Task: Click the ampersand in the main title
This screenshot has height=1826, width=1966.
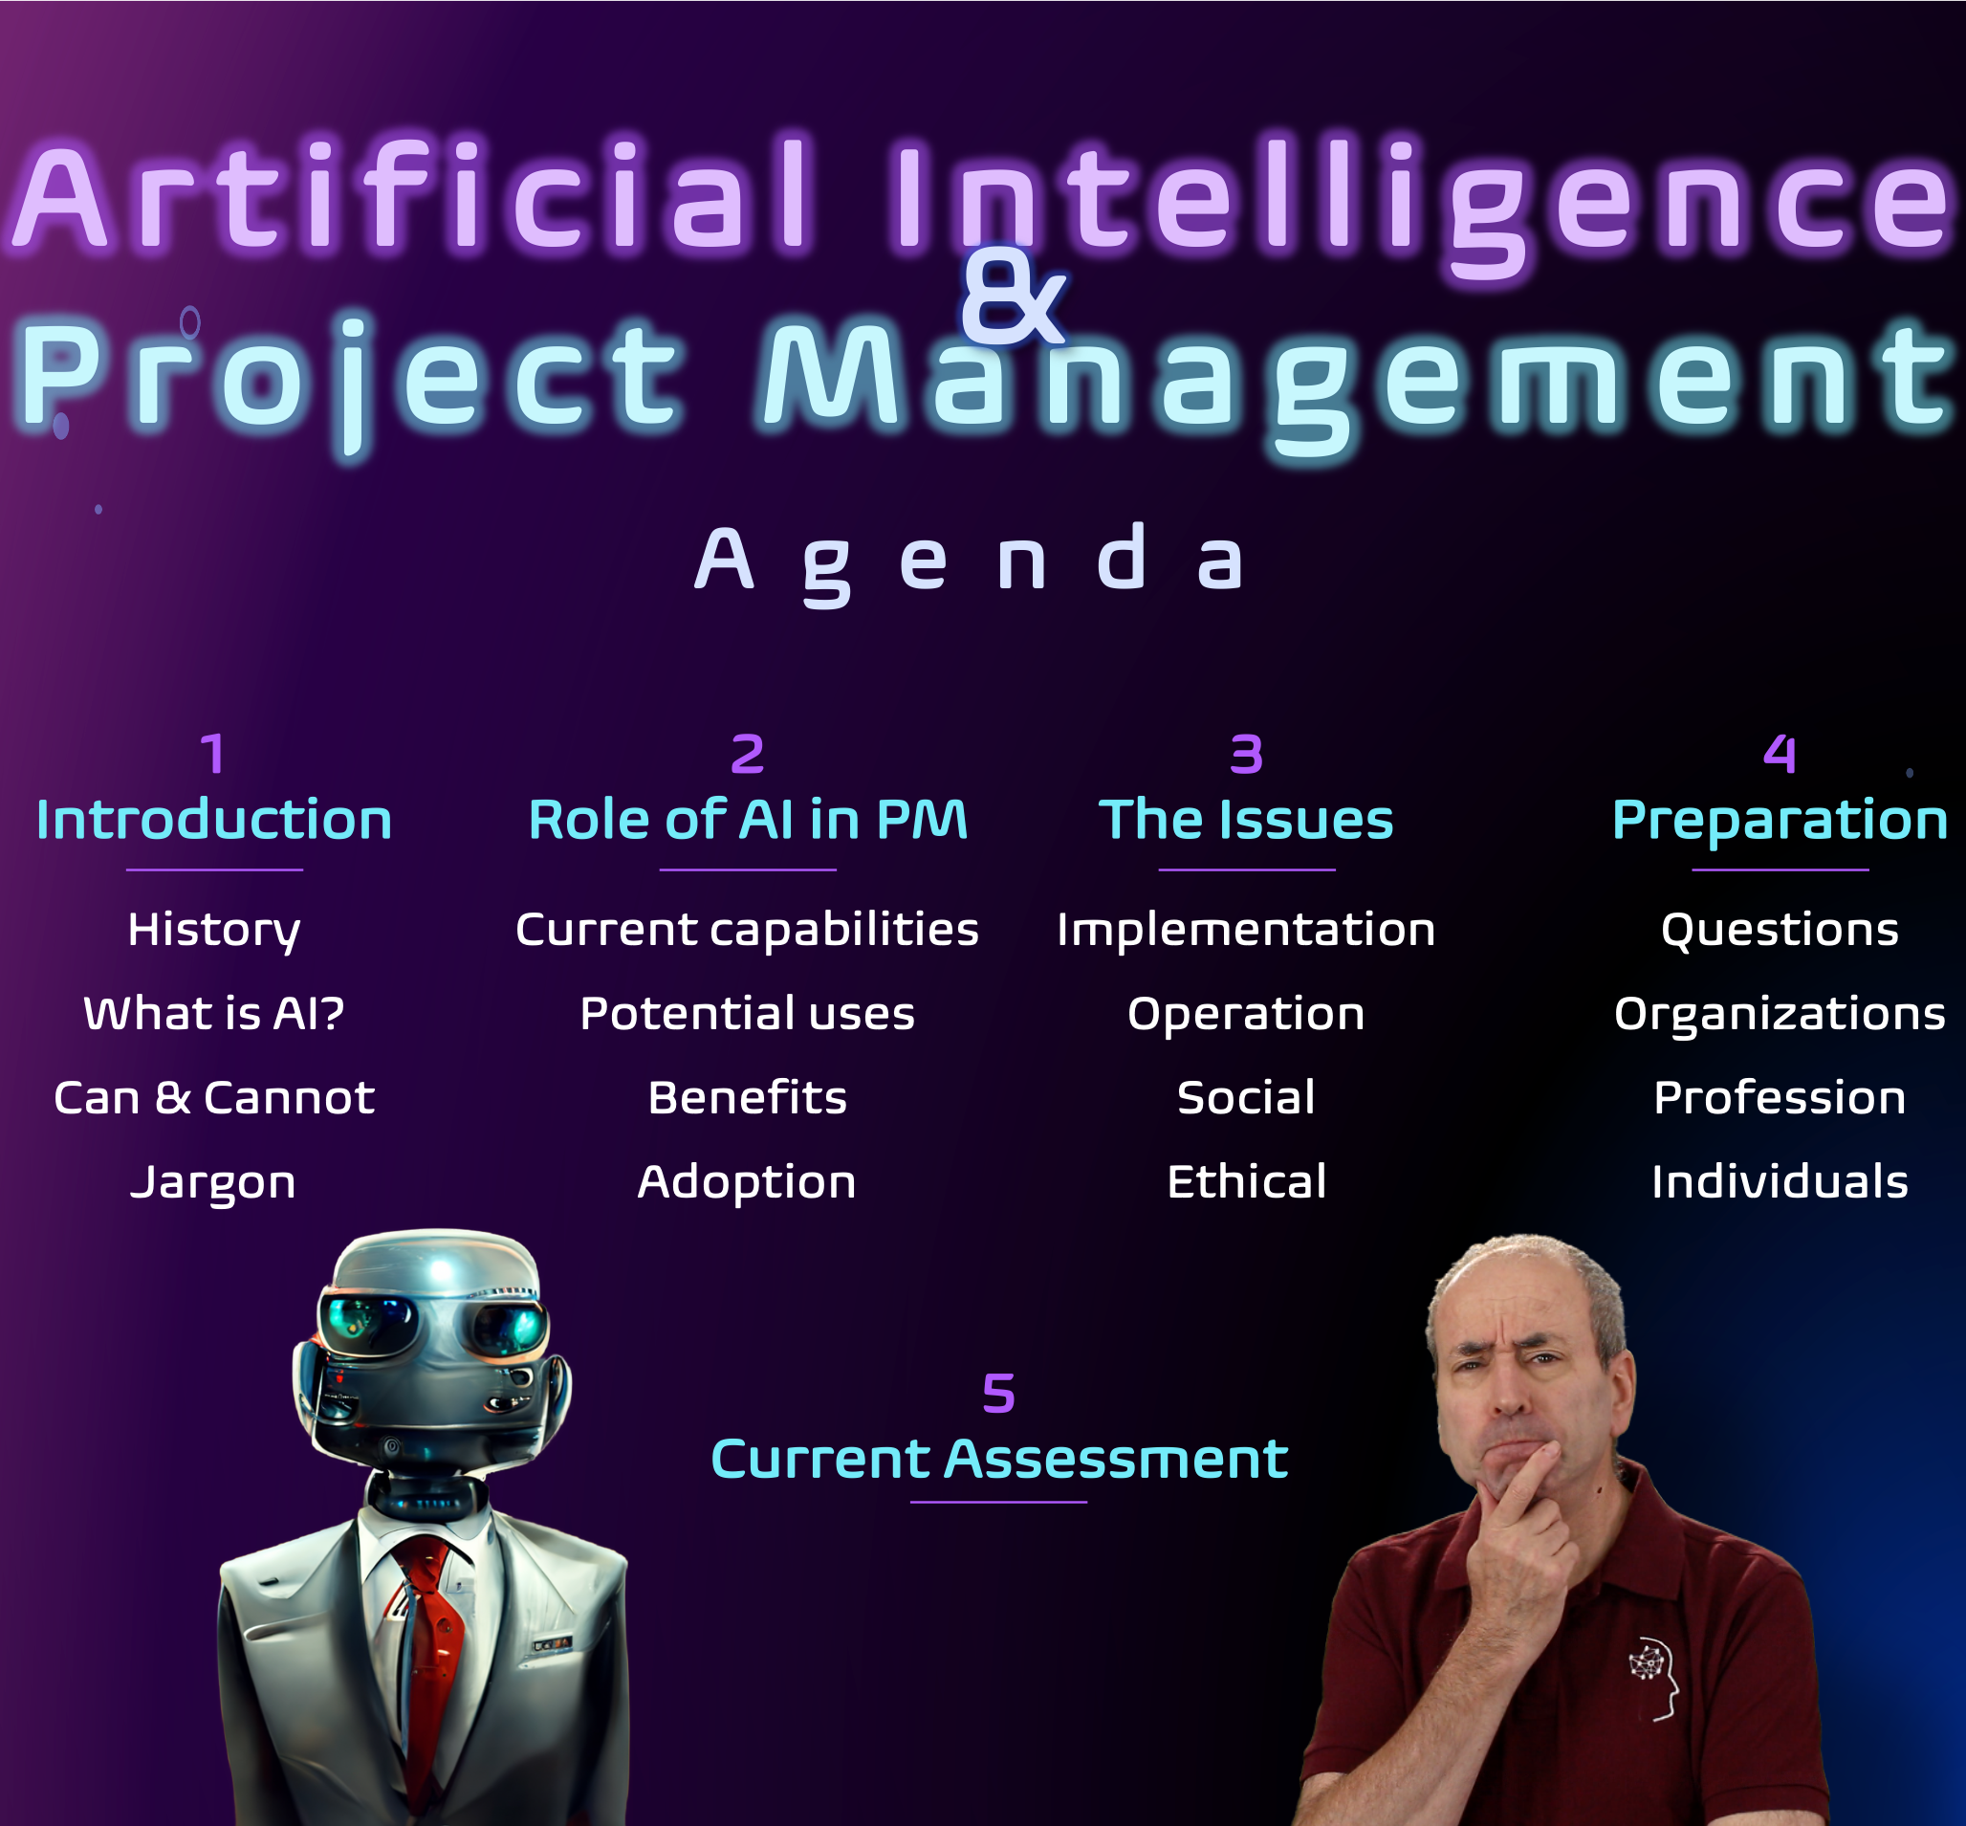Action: (x=1014, y=297)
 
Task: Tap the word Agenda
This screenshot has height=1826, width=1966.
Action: (x=970, y=562)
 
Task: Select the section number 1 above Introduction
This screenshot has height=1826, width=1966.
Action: (x=213, y=754)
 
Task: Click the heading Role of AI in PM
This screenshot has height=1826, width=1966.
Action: (x=748, y=819)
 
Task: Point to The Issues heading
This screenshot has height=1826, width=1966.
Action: (x=1246, y=819)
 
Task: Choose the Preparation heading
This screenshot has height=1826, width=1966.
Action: (x=1780, y=821)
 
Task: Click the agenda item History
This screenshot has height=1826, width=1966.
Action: (x=213, y=931)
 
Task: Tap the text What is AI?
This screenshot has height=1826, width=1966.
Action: (x=213, y=1013)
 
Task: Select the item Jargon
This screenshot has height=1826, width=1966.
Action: (x=213, y=1183)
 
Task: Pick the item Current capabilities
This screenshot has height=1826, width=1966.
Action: (x=747, y=931)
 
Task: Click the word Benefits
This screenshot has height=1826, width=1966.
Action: (x=747, y=1097)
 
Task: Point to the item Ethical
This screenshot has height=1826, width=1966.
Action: (x=1246, y=1180)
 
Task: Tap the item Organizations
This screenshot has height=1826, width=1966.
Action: (x=1780, y=1015)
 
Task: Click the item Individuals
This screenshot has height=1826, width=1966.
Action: (x=1780, y=1180)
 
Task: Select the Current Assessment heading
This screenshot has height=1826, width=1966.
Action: (x=999, y=1459)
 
